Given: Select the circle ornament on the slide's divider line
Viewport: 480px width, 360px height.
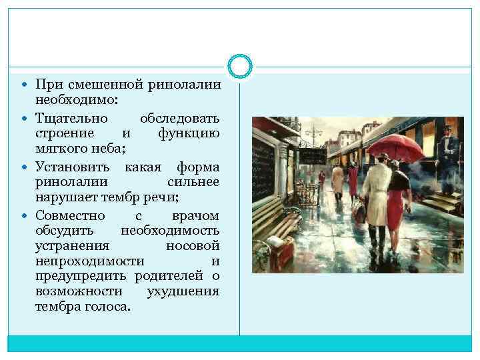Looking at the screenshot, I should (x=240, y=66).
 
